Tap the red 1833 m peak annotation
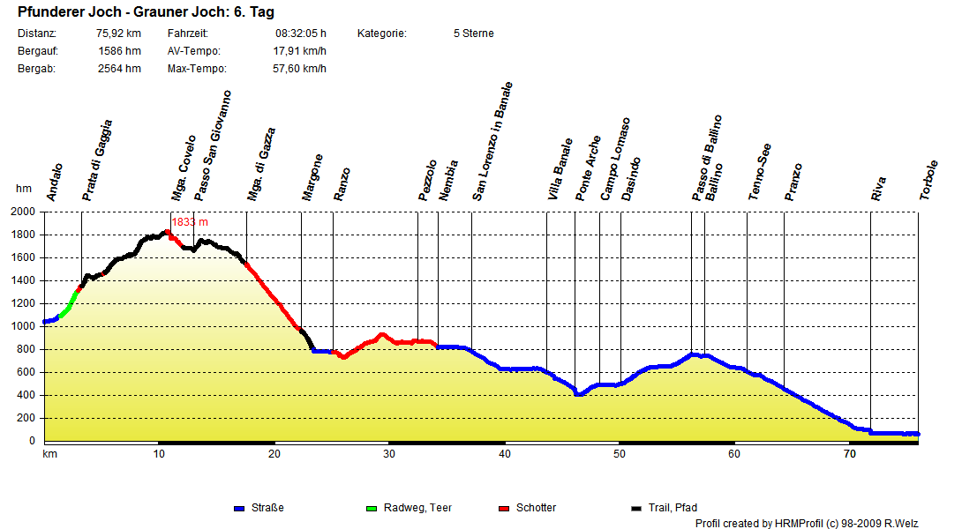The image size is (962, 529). click(x=190, y=222)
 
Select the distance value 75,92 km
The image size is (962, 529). click(x=119, y=34)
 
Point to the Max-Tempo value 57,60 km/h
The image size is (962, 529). click(x=299, y=69)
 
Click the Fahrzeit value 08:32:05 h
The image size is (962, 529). click(x=301, y=34)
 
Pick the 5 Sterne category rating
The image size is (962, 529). click(x=473, y=34)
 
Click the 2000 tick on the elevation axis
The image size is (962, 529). click(x=25, y=212)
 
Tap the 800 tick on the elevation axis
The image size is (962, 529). click(x=27, y=349)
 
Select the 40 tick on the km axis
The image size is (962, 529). click(x=504, y=454)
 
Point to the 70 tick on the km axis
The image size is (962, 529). click(x=849, y=454)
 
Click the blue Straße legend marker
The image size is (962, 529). click(x=238, y=509)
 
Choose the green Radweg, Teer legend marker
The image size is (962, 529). click(x=371, y=509)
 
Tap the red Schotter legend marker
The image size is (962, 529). click(x=504, y=509)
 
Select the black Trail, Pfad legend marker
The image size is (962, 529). click(x=635, y=509)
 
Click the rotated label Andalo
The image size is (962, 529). click(x=55, y=183)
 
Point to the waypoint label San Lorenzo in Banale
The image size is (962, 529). click(x=492, y=142)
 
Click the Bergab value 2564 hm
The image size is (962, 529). click(x=119, y=69)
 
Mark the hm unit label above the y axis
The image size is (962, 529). click(x=23, y=189)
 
